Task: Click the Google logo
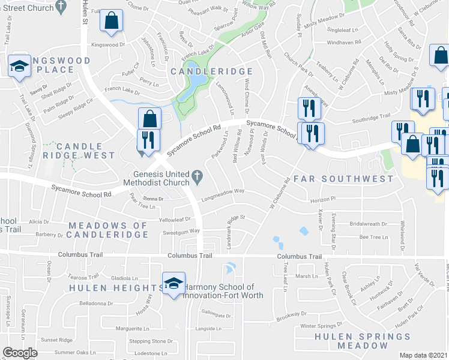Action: click(20, 352)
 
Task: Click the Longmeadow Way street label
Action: click(223, 192)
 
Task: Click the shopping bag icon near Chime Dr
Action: click(112, 20)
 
